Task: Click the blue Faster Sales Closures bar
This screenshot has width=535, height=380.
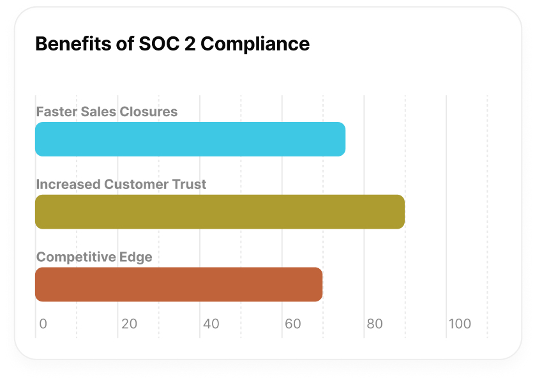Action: coord(190,139)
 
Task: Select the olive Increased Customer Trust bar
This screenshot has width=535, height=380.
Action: coord(220,211)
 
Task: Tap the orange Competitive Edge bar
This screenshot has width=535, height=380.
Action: coord(179,284)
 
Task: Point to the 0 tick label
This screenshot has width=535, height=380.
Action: coord(43,324)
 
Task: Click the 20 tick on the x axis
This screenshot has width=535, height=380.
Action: coord(130,324)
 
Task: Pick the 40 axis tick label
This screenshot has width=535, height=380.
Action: coord(211,324)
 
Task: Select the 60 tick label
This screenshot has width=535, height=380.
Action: coord(293,324)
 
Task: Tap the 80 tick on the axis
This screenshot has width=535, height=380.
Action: coord(375,324)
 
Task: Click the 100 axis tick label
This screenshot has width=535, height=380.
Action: coord(460,324)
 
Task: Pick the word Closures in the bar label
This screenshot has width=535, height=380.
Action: coord(152,112)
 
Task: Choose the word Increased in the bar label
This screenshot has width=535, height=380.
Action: coord(68,185)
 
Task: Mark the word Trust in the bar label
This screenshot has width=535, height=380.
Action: coord(190,185)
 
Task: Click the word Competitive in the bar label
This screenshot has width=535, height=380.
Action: coord(75,257)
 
